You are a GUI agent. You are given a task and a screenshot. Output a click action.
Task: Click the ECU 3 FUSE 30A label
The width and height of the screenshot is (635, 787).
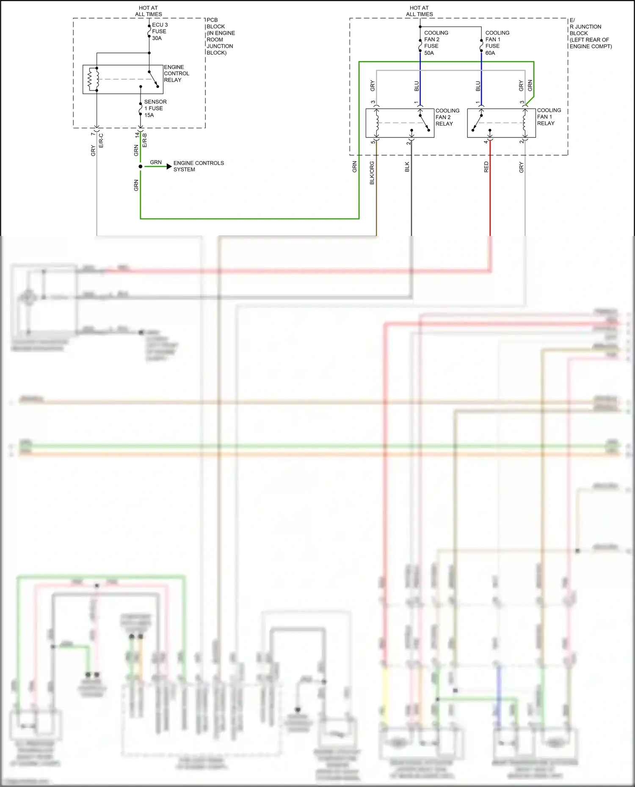pyautogui.click(x=159, y=31)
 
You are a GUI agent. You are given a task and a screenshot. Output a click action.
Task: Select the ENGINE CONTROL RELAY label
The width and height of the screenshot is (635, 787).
pyautogui.click(x=176, y=74)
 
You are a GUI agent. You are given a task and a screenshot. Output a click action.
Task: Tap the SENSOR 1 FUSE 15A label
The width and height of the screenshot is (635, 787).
pyautogui.click(x=155, y=108)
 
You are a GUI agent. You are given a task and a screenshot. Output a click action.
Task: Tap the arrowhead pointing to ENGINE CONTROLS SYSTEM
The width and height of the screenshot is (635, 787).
pyautogui.click(x=169, y=167)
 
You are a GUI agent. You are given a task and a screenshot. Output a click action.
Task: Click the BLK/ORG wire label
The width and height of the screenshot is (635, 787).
pyautogui.click(x=372, y=173)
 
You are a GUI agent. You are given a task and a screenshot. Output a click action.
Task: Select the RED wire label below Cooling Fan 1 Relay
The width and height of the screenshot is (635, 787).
pyautogui.click(x=486, y=167)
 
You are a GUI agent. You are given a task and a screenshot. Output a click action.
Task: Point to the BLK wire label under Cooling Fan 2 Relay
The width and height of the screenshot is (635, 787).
pyautogui.click(x=407, y=167)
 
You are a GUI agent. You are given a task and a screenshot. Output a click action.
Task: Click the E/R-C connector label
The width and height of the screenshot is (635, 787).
pyautogui.click(x=101, y=140)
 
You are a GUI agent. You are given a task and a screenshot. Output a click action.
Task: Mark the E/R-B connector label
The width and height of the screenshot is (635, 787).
pyautogui.click(x=145, y=140)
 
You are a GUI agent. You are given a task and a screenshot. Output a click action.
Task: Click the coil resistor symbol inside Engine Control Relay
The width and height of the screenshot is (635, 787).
pyautogui.click(x=90, y=79)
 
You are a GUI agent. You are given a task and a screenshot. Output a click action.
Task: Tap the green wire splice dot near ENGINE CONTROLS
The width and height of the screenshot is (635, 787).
pyautogui.click(x=141, y=167)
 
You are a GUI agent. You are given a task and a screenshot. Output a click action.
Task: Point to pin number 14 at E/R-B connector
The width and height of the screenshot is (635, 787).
pyautogui.click(x=137, y=135)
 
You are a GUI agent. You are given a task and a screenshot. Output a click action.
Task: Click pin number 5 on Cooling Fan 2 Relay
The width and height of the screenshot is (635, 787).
pyautogui.click(x=373, y=142)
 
